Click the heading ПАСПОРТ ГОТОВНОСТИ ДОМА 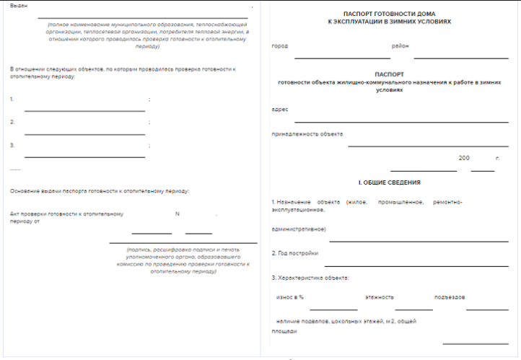pos(390,14)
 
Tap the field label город pos(279,46)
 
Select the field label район pos(400,46)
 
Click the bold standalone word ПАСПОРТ pos(390,74)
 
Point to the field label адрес pos(280,109)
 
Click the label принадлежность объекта pos(307,134)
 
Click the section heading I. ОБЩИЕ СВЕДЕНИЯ pos(390,183)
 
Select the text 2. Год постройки pos(294,253)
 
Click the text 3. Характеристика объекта pos(310,278)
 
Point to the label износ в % pos(290,297)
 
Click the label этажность pos(379,297)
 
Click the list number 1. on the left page pos(12,99)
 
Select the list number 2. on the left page pos(12,123)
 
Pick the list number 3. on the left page pos(12,146)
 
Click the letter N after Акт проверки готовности pos(177,214)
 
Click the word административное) pos(299,229)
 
